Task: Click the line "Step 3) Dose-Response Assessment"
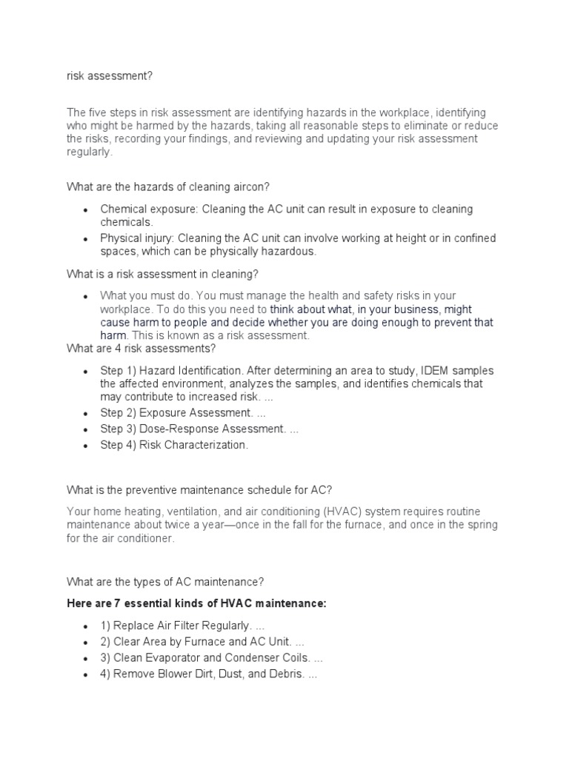coord(199,429)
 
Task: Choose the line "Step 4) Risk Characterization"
coord(175,445)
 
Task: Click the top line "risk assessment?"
coord(110,75)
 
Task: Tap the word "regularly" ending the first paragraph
coord(89,152)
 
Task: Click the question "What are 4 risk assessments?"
coord(141,348)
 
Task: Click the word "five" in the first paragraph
coord(96,113)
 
